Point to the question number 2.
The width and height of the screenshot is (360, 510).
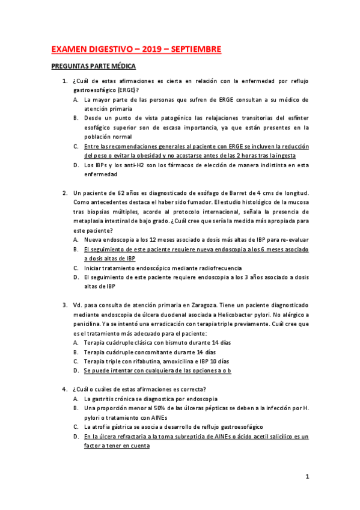(x=65, y=192)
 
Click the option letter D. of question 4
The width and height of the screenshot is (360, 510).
(x=76, y=437)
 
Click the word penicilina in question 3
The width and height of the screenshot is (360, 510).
(x=91, y=324)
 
